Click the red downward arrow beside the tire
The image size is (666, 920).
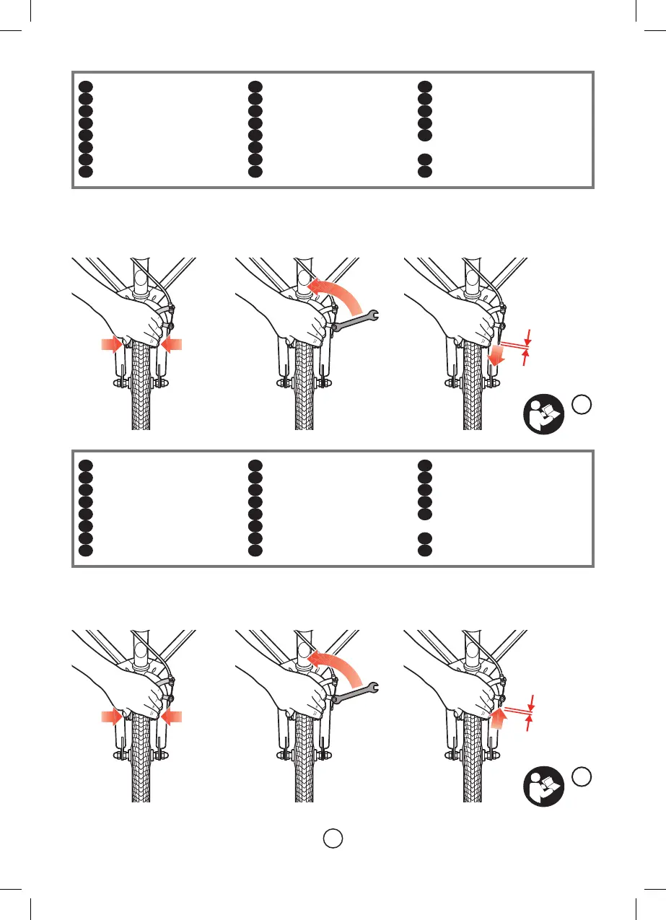point(496,354)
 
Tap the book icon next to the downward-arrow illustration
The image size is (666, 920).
point(542,417)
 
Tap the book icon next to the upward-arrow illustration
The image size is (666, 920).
point(542,789)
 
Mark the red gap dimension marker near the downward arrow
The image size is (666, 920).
point(527,345)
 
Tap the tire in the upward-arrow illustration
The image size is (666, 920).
point(473,765)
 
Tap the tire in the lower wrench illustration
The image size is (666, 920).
point(306,765)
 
